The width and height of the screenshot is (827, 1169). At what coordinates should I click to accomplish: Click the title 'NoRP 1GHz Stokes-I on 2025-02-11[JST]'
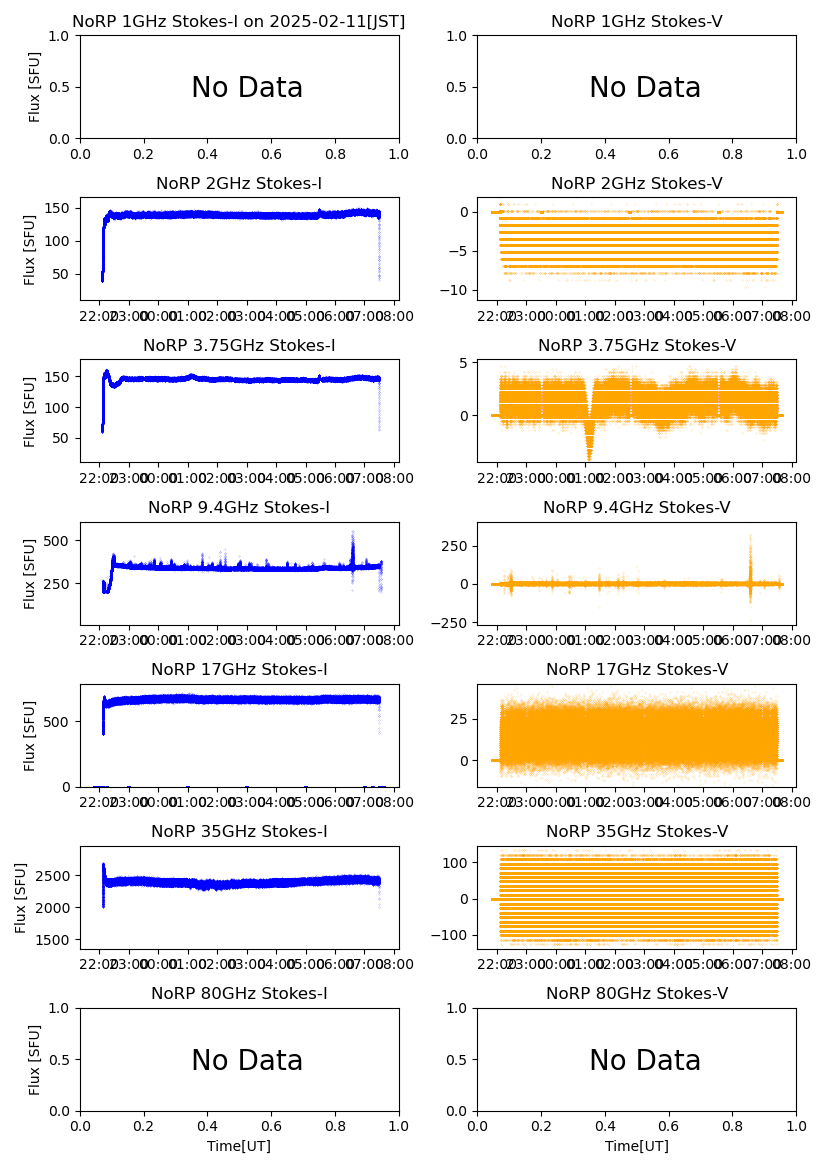239,21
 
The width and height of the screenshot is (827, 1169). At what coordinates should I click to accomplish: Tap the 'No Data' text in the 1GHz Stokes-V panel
644,88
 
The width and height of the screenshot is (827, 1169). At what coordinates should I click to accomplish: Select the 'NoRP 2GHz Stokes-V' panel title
636,183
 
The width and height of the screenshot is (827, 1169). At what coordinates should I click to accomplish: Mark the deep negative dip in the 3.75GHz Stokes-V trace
590,443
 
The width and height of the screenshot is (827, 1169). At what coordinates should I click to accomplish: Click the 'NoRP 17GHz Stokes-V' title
636,669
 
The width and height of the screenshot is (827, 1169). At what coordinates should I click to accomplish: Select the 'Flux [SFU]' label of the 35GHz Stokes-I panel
21,897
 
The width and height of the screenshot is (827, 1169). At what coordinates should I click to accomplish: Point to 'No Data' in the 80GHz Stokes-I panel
247,1061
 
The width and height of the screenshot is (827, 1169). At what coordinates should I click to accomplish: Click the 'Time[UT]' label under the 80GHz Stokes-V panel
636,1146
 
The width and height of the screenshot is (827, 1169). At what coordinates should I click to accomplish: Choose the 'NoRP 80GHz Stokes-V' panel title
636,993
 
